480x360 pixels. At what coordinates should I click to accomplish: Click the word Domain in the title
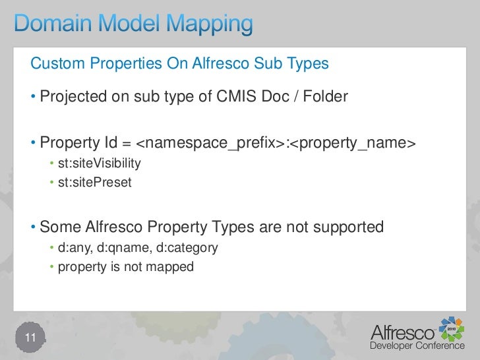point(53,26)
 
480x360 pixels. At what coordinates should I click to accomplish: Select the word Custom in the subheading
point(58,64)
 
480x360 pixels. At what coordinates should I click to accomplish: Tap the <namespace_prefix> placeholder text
point(210,143)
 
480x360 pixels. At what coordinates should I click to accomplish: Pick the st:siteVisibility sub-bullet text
point(99,163)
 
